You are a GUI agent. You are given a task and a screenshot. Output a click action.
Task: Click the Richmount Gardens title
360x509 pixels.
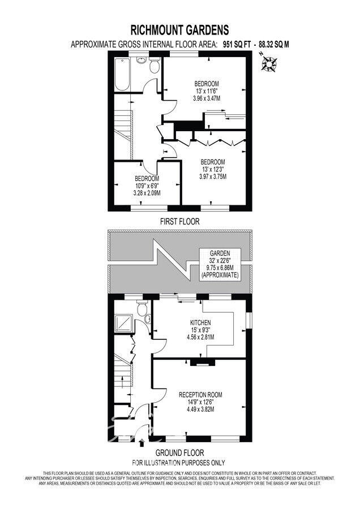(x=180, y=29)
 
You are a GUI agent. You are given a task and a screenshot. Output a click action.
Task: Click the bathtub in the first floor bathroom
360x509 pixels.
(x=123, y=74)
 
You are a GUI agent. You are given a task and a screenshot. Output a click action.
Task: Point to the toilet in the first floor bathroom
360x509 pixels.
(x=153, y=67)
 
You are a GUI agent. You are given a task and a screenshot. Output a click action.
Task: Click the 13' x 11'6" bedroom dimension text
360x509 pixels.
(x=206, y=91)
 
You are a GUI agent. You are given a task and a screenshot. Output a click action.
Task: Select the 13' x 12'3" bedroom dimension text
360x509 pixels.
(x=212, y=169)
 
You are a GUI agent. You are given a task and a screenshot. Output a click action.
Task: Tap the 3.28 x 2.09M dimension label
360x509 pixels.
(x=147, y=193)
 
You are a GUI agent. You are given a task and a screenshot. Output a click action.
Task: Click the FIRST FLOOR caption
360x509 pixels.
(x=180, y=222)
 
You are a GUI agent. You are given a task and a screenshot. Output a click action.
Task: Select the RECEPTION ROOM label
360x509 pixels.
(x=200, y=394)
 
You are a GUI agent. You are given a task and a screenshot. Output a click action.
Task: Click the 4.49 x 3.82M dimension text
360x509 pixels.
(x=200, y=409)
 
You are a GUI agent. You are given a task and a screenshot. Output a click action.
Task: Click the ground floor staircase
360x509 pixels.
(x=123, y=373)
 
